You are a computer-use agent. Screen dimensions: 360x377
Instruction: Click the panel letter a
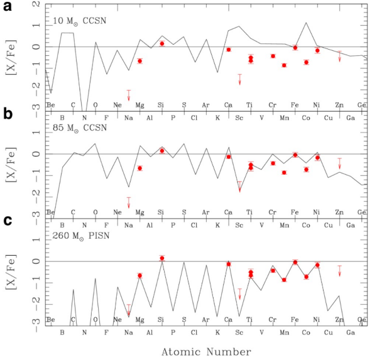coord(6,7)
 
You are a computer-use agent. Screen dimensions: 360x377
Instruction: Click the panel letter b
coord(7,114)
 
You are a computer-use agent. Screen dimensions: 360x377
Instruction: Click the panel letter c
coord(6,221)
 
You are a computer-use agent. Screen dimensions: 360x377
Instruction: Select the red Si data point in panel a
coord(161,43)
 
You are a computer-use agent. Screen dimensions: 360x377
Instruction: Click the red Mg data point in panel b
coord(139,168)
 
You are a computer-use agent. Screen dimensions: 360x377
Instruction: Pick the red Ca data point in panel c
coord(229,264)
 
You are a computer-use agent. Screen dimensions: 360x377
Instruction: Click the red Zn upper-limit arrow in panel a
coord(340,57)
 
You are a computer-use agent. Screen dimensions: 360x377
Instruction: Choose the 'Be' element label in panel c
coord(51,319)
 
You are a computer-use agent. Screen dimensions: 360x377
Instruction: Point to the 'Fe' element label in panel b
coord(295,211)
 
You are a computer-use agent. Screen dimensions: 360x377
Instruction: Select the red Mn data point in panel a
coord(284,65)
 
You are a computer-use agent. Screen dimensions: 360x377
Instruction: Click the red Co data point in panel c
coord(306,276)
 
